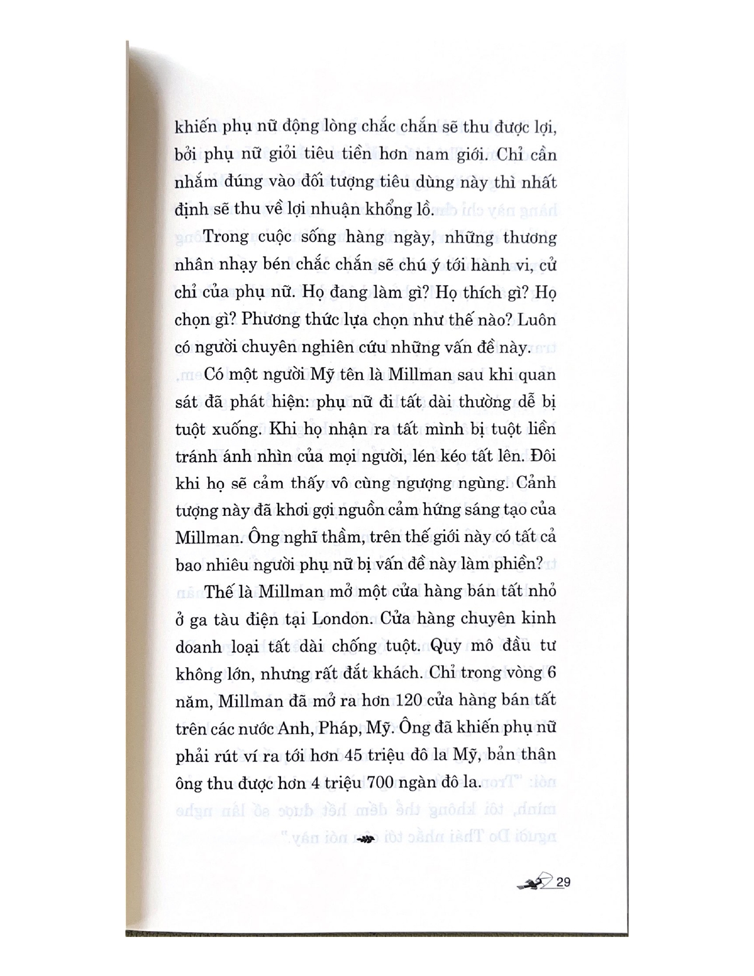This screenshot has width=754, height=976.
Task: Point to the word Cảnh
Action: tap(536, 482)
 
